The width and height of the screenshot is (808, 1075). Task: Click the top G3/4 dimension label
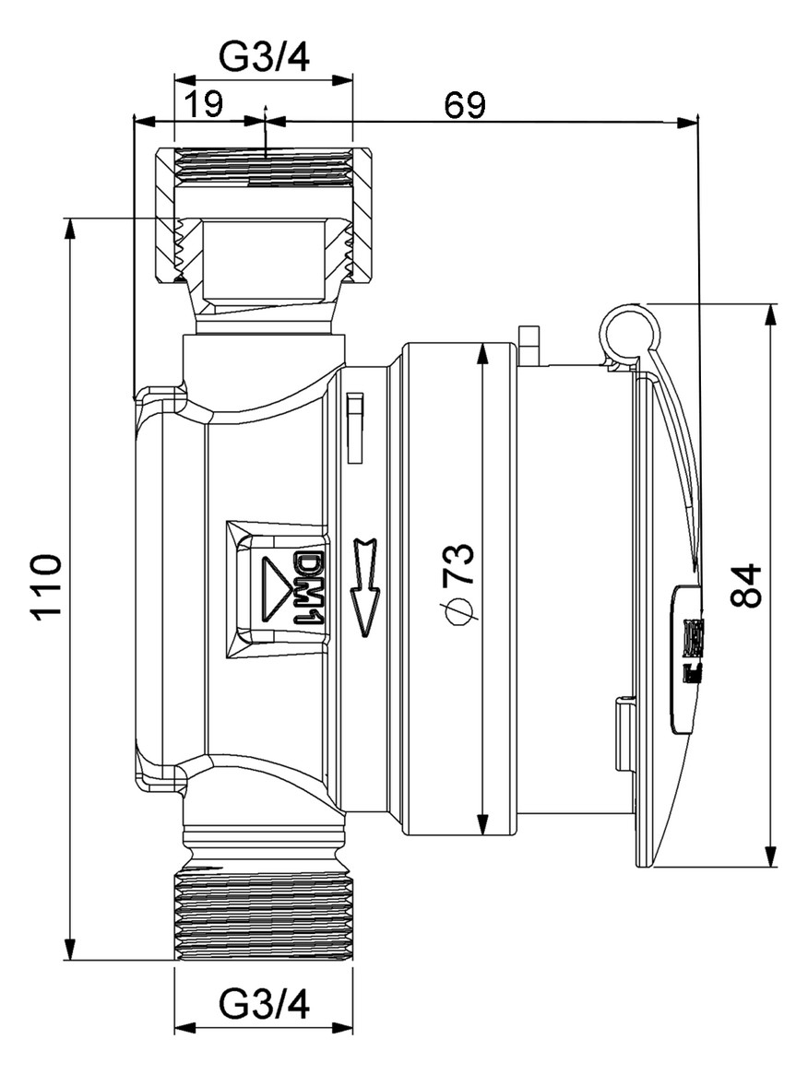tap(264, 57)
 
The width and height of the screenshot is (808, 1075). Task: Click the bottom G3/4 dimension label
tap(264, 1005)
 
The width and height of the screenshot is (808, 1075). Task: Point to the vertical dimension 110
tap(45, 587)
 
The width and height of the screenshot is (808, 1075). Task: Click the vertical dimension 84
tap(746, 585)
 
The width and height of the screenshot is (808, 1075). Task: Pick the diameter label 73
tap(459, 564)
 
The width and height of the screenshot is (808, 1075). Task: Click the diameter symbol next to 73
tap(459, 611)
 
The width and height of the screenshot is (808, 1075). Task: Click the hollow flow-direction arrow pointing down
tap(365, 587)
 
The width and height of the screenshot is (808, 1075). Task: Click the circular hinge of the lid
tap(627, 331)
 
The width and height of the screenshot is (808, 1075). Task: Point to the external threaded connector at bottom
tap(264, 913)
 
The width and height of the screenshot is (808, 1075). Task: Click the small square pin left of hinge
tap(529, 345)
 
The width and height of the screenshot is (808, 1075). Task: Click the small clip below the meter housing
tap(624, 735)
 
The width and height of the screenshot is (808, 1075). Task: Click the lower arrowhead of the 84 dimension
tap(769, 858)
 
